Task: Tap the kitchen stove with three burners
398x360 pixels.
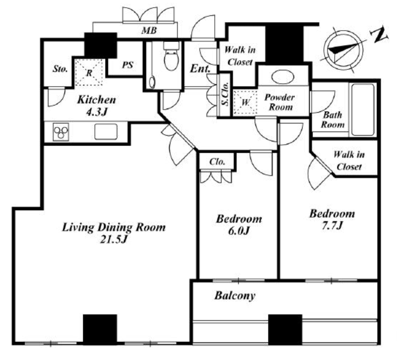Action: pos(61,132)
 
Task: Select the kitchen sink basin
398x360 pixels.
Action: pos(106,132)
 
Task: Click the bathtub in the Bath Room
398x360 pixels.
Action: pos(363,110)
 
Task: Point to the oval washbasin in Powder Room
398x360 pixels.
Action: pos(283,77)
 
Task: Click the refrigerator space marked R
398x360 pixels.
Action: pos(89,73)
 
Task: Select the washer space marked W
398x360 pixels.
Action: pos(245,102)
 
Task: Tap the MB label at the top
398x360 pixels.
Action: pos(149,31)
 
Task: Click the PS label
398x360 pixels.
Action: pos(128,65)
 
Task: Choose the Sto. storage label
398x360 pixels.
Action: pos(60,69)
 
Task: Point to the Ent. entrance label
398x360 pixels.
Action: pos(200,68)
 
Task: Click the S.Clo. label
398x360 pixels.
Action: pos(225,94)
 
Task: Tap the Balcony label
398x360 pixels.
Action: pos(235,296)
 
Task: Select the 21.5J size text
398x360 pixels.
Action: pos(113,239)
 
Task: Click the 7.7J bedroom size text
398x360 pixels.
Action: pos(332,225)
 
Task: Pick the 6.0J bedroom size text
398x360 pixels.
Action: pos(239,230)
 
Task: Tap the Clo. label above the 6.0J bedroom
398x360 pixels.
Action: pos(217,162)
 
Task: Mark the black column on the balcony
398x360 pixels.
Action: pos(285,330)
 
